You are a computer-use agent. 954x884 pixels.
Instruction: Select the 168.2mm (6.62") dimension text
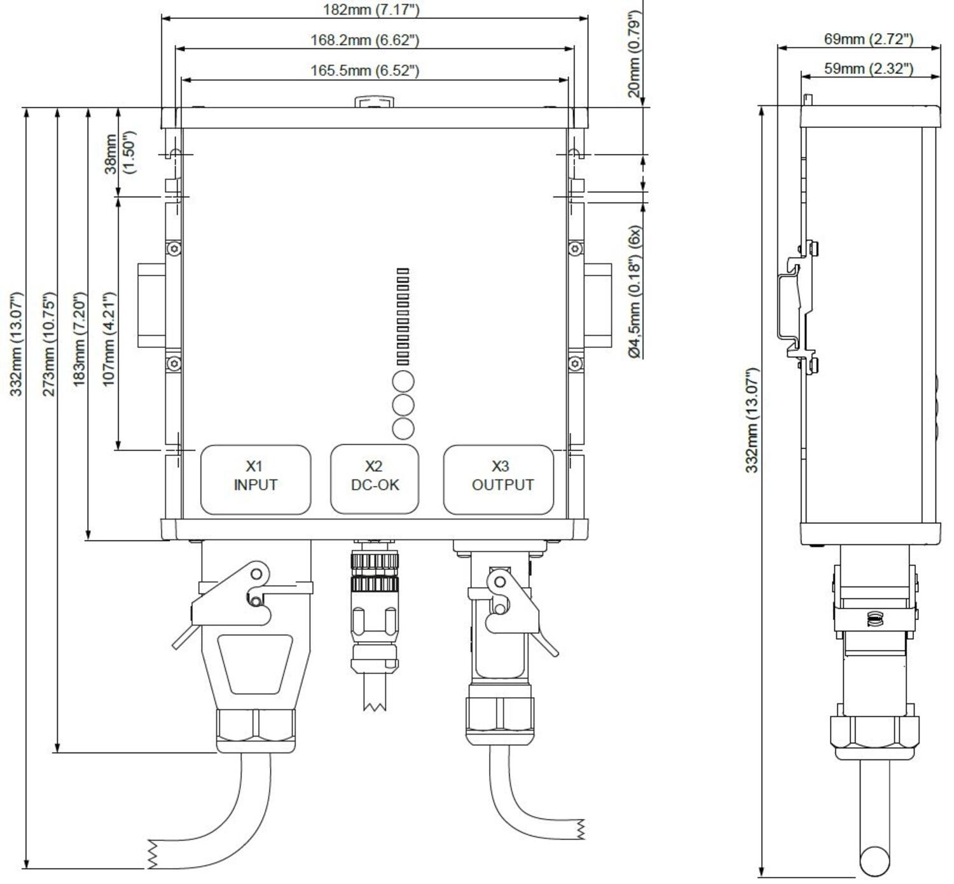pos(364,40)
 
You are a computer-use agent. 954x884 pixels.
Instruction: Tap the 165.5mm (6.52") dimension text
pos(364,70)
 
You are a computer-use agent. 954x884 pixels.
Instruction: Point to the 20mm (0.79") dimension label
pos(634,54)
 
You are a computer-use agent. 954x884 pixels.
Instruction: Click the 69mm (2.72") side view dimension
pos(869,39)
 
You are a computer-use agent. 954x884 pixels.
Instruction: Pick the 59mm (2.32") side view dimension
pos(869,68)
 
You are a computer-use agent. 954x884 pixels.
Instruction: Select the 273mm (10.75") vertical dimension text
pos(48,343)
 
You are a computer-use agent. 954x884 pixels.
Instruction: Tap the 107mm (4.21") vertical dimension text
pos(109,339)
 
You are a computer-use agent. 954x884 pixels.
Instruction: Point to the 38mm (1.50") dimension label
pos(119,153)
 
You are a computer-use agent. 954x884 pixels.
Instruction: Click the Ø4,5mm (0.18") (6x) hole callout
pos(635,291)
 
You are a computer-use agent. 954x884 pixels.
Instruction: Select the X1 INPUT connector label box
pos(256,480)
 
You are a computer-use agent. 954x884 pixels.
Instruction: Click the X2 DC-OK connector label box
pos(375,480)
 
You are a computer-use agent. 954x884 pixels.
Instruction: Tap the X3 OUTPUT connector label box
pos(499,480)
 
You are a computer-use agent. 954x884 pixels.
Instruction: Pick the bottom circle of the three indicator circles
pos(403,429)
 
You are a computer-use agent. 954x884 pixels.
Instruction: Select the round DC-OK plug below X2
pos(375,611)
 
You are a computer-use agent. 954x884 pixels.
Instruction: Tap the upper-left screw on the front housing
pos(174,248)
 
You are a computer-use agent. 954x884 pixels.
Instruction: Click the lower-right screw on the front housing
pos(576,363)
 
